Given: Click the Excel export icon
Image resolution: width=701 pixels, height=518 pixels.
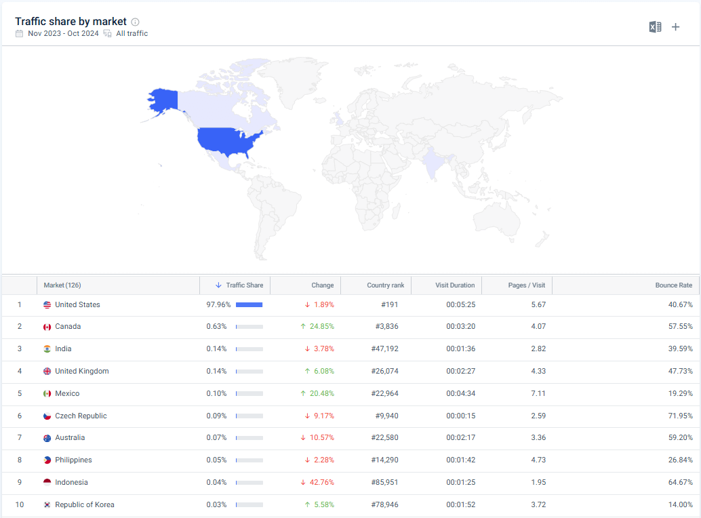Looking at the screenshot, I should click(x=655, y=27).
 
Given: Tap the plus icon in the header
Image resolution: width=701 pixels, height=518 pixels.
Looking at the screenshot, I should click(x=675, y=27).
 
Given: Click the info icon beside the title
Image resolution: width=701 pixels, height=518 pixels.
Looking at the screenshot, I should click(x=135, y=22).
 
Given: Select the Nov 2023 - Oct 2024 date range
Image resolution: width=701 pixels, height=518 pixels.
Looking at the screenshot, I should click(x=63, y=33).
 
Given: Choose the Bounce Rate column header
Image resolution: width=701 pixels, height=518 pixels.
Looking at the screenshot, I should click(x=673, y=285).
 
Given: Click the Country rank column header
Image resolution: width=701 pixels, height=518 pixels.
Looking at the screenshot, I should click(x=385, y=285).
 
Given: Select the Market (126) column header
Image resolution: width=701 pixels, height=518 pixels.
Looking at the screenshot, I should click(x=62, y=285).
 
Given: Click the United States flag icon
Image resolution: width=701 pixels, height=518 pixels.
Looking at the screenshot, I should click(x=47, y=305).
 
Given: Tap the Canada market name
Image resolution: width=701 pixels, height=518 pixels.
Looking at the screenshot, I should click(x=68, y=327).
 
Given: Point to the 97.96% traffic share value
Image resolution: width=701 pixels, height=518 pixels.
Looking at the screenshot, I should click(x=218, y=305).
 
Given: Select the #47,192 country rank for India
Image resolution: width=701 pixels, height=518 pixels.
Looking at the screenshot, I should click(x=384, y=349).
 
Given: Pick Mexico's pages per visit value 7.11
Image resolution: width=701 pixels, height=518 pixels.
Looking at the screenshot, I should click(x=538, y=394).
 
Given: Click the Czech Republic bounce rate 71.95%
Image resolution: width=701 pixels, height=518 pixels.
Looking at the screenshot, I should click(x=680, y=416).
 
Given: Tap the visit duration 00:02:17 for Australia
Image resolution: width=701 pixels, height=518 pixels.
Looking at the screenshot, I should click(x=460, y=438).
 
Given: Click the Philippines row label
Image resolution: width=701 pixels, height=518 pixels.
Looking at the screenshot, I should click(x=73, y=460).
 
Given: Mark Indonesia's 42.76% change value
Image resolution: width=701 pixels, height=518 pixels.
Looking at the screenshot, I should click(x=322, y=483).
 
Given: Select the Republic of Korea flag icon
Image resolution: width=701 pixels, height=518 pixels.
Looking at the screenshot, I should click(x=47, y=505).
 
